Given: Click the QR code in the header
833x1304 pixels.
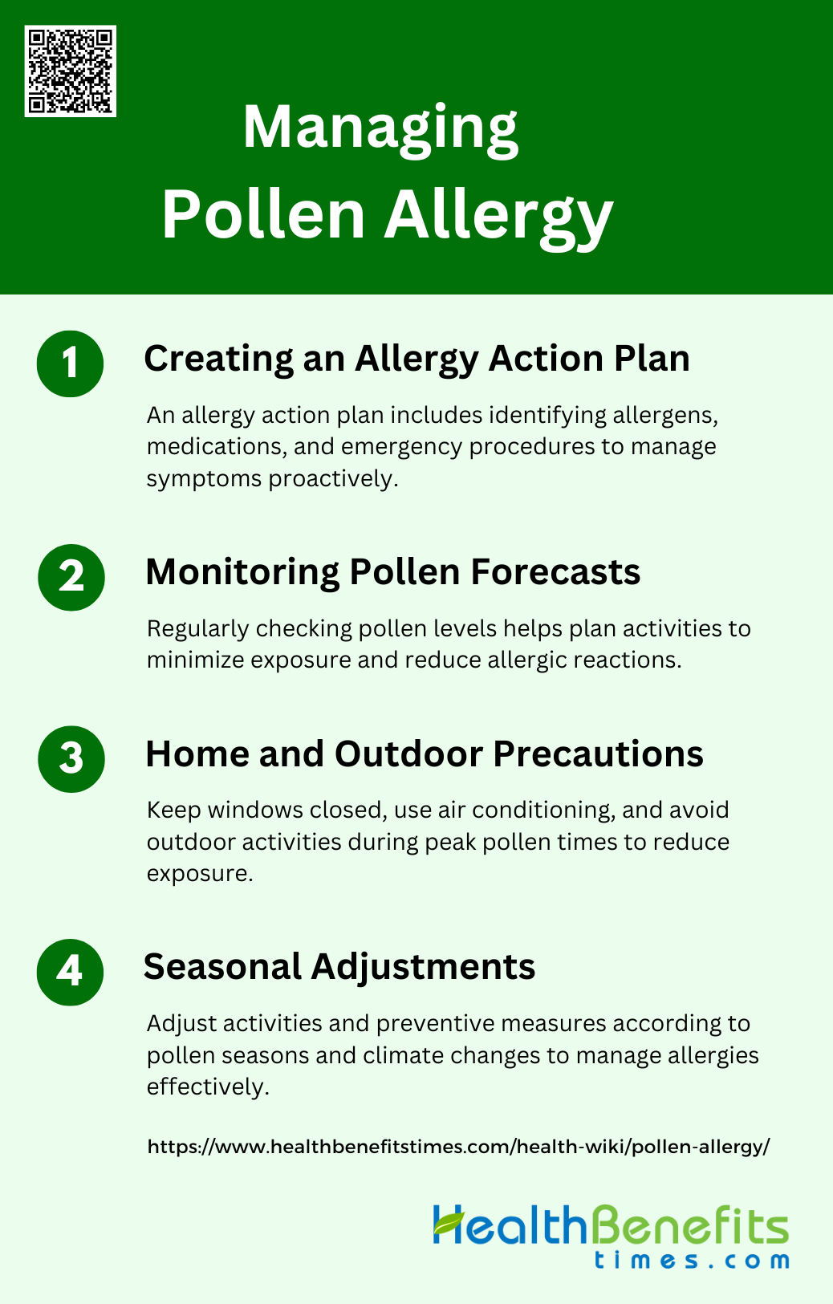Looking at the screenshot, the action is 71,71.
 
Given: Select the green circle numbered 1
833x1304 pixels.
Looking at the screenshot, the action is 70,364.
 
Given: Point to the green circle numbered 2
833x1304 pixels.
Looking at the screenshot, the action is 71,578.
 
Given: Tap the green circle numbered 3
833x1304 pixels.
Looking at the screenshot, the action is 71,759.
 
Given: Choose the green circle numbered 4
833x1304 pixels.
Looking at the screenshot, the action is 70,972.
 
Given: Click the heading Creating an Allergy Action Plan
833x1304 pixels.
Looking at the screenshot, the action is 416,360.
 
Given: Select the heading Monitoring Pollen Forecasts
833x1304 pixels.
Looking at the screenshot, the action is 393,571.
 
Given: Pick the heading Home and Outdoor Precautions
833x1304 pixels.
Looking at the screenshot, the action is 425,754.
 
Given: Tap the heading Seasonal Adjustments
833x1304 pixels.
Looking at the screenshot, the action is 339,968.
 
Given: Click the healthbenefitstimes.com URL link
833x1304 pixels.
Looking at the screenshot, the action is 459,1146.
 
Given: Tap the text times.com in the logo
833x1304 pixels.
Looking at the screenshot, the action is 692,1261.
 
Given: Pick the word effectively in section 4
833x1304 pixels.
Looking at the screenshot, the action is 208,1087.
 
